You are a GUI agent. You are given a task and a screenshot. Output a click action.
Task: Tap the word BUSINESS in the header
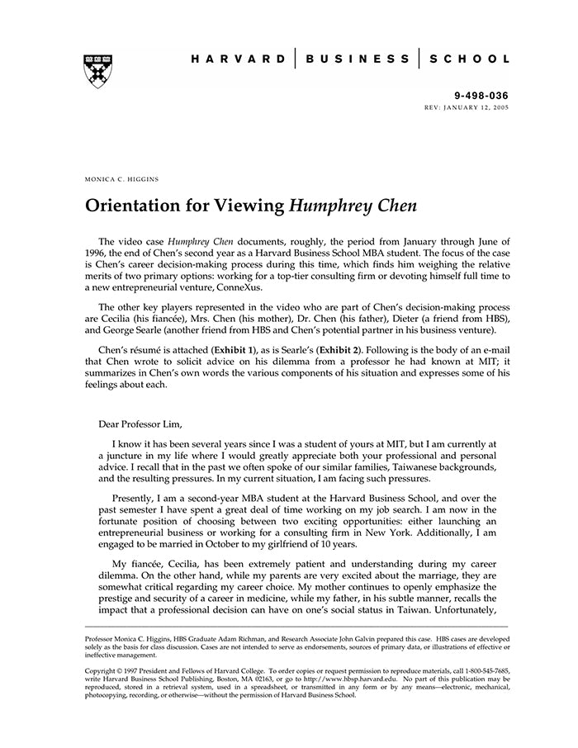(358, 59)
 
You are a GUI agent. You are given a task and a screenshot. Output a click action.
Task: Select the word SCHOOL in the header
(468, 59)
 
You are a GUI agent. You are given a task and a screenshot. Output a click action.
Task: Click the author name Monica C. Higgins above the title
(122, 179)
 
